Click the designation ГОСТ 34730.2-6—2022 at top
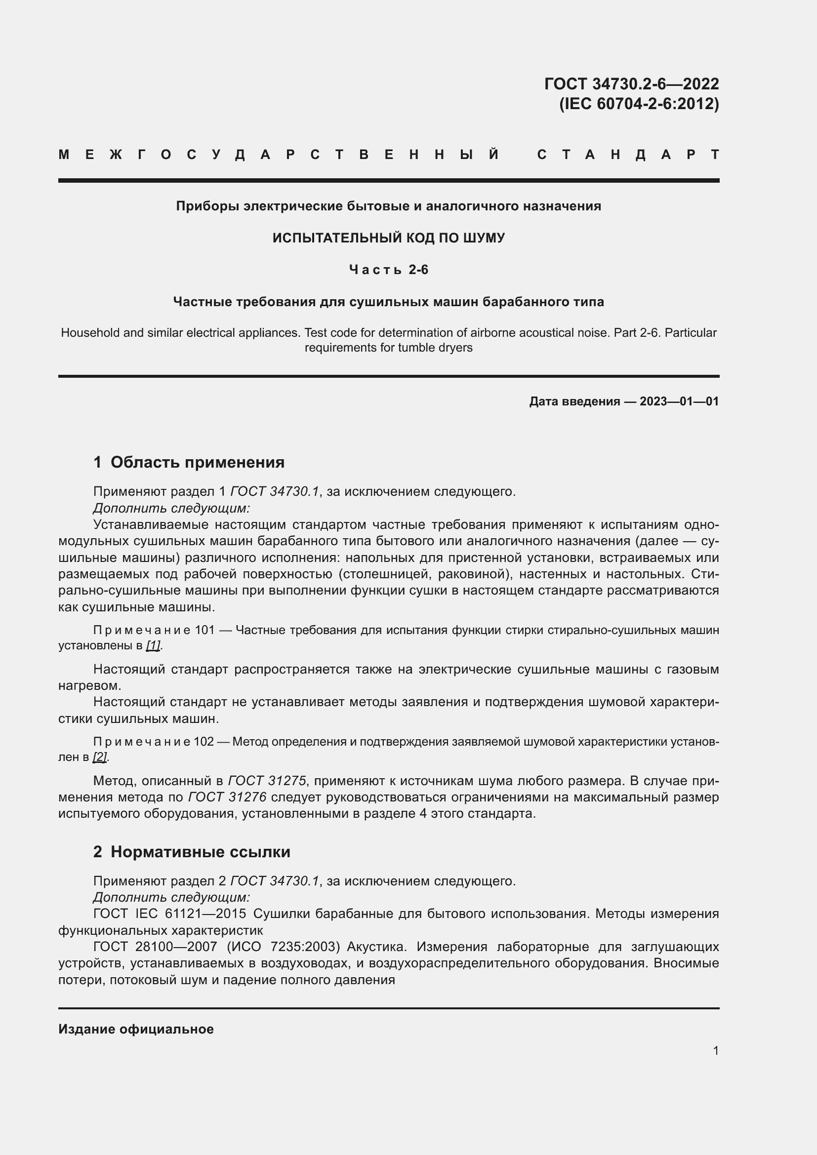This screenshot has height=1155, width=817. (x=631, y=83)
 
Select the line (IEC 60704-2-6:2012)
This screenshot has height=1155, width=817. (x=639, y=104)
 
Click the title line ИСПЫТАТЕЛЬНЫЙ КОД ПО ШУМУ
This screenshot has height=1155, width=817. (x=388, y=238)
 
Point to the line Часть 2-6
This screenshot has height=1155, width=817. (x=388, y=270)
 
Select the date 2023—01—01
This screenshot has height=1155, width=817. (x=679, y=401)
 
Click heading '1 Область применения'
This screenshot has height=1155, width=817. (x=189, y=462)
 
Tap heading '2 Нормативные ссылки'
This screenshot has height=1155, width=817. (x=192, y=852)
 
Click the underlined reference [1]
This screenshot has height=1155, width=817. (x=153, y=645)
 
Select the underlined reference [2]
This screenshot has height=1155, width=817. (x=100, y=757)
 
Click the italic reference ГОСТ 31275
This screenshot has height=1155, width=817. (x=267, y=781)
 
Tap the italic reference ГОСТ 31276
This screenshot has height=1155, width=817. (x=227, y=797)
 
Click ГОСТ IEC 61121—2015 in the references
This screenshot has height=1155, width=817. (x=169, y=914)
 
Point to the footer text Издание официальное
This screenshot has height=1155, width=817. (x=136, y=1029)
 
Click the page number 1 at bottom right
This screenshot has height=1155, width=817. (x=715, y=1050)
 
